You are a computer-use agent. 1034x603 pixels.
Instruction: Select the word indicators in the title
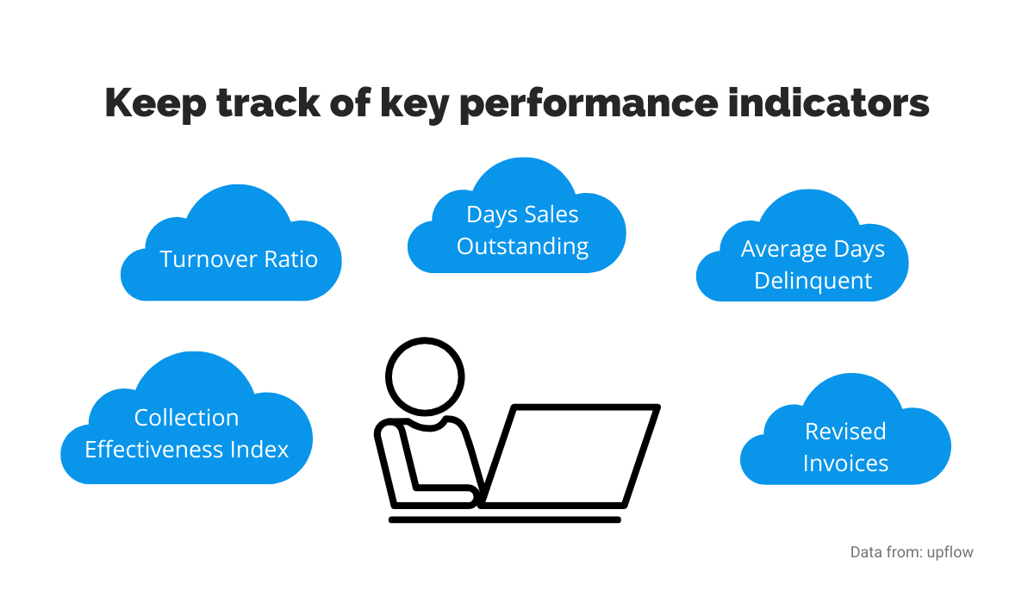(829, 102)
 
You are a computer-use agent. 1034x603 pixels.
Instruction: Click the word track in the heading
(268, 103)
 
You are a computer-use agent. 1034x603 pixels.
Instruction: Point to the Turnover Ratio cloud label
(239, 258)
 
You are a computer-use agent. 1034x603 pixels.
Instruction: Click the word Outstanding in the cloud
(522, 246)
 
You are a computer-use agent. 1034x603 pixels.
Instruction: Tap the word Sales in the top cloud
(551, 214)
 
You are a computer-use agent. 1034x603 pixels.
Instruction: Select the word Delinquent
(813, 281)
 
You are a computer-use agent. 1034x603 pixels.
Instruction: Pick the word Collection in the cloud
(186, 418)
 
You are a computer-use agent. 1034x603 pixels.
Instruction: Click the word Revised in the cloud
(845, 432)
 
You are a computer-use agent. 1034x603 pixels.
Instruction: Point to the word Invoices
(845, 463)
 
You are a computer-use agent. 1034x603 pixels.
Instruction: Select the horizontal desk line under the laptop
(505, 520)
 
